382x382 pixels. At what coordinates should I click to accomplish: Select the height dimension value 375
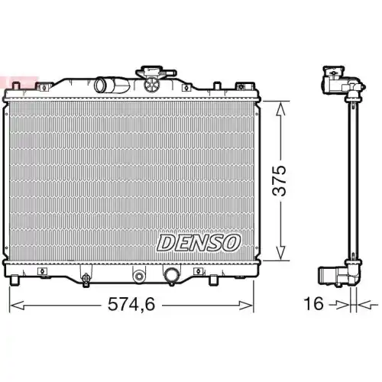pyautogui.click(x=280, y=180)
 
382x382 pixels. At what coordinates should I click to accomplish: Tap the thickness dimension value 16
pyautogui.click(x=313, y=304)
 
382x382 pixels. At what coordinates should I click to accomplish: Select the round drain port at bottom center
pyautogui.click(x=139, y=275)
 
